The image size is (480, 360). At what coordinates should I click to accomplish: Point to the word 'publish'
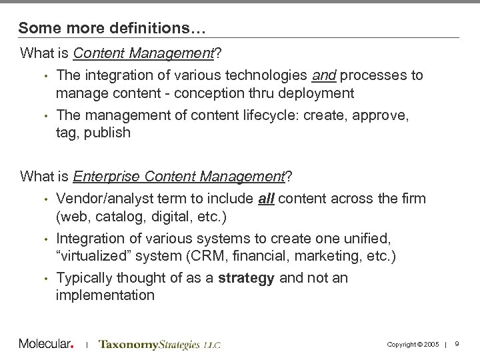pyautogui.click(x=107, y=132)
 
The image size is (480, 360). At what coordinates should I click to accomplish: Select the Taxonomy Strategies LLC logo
pyautogui.click(x=159, y=345)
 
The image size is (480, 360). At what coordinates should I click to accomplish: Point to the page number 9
pyautogui.click(x=457, y=344)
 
